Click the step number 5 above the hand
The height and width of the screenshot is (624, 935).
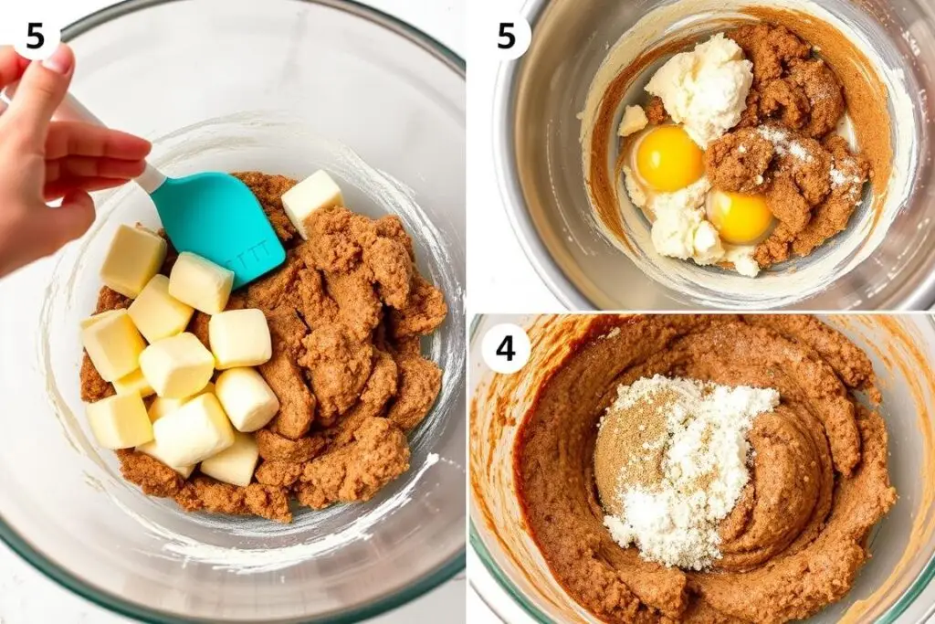click(x=36, y=37)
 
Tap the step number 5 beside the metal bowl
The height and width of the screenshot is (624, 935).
click(x=506, y=37)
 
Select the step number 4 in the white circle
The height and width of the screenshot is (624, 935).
click(x=505, y=348)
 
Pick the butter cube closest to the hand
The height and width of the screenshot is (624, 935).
click(x=132, y=260)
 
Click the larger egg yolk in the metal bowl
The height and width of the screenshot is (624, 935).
click(x=669, y=158)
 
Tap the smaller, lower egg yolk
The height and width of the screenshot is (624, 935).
click(x=740, y=217)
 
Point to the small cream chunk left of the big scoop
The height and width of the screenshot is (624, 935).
click(x=632, y=120)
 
